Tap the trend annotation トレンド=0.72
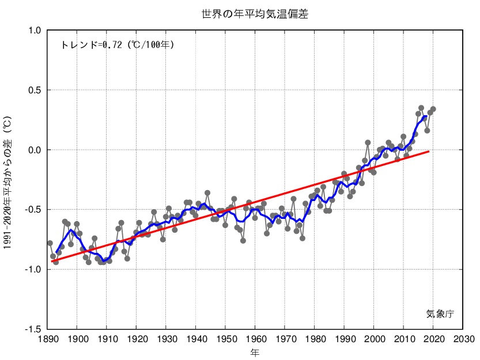117,44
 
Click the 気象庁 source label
440,314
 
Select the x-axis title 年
255,351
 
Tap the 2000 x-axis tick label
374,339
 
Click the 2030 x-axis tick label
463,339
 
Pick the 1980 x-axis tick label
315,339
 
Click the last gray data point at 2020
433,109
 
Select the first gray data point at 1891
50,243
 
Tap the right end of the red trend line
429,151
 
